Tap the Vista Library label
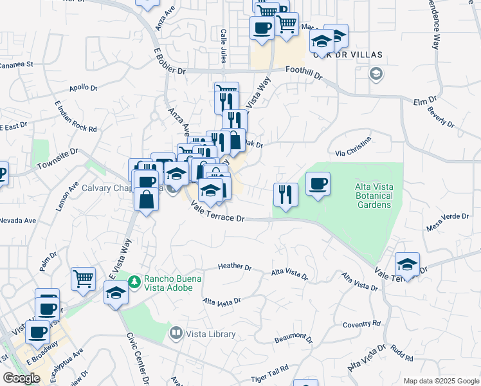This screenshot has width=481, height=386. point(210,334)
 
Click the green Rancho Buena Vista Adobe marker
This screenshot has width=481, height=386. point(134,281)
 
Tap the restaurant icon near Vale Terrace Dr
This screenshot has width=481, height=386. point(285,194)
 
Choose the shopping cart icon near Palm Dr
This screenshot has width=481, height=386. point(83,278)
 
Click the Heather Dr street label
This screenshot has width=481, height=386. point(234,266)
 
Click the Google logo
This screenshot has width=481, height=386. point(21,378)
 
